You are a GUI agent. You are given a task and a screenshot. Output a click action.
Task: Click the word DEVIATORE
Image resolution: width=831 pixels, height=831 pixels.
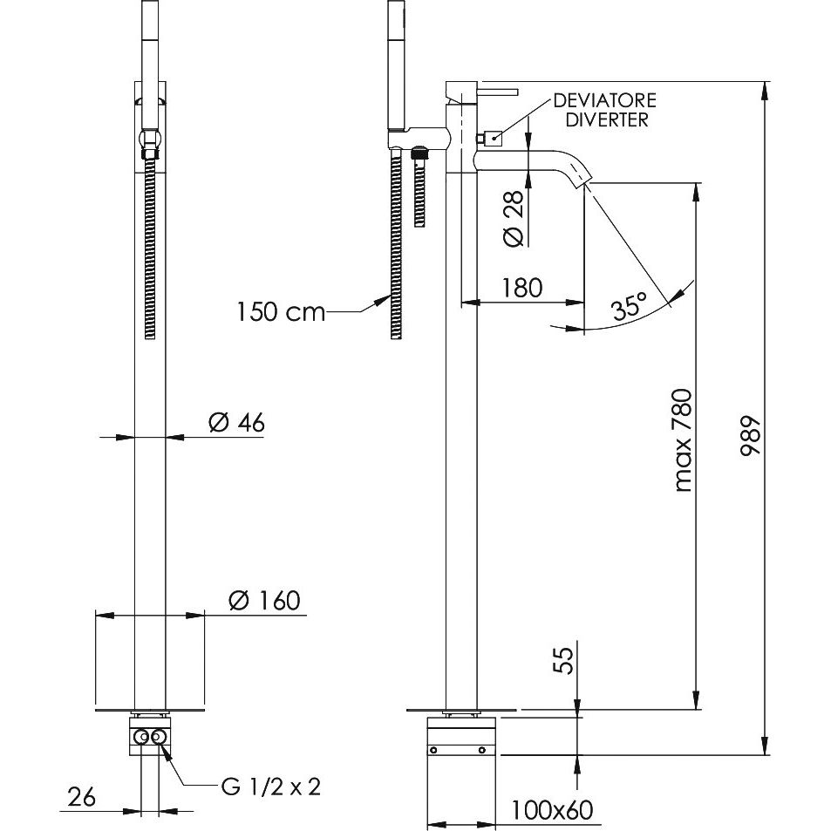[x=604, y=100]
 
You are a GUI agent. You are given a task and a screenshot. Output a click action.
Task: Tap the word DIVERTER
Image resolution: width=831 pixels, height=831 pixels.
[x=606, y=119]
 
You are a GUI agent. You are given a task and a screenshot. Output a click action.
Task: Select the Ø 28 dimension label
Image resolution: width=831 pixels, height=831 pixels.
[x=514, y=218]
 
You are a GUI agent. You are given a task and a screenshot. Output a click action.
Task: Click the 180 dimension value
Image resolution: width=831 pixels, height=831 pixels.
[x=522, y=287]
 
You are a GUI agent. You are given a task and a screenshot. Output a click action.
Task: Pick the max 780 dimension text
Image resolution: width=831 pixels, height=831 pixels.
[x=683, y=440]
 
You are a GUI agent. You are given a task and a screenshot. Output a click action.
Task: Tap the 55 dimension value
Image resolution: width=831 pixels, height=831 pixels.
[x=563, y=660]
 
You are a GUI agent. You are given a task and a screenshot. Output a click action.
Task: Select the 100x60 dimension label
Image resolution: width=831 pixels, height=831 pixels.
[x=552, y=810]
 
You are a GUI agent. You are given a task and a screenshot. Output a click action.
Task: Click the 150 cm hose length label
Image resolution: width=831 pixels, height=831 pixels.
[x=281, y=311]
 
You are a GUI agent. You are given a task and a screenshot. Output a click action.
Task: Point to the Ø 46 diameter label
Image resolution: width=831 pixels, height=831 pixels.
[x=236, y=422]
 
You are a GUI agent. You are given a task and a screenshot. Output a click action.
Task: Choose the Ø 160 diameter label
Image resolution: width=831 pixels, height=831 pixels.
[x=264, y=601]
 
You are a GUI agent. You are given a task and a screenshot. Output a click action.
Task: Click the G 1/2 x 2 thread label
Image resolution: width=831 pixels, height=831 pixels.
[x=271, y=787]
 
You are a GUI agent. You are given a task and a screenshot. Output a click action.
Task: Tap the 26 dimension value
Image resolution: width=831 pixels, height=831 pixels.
[x=82, y=796]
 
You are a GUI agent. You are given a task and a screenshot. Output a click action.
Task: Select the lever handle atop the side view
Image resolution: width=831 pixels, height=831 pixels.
[x=497, y=92]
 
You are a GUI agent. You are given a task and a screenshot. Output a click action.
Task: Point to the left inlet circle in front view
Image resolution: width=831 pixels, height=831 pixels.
[x=142, y=736]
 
